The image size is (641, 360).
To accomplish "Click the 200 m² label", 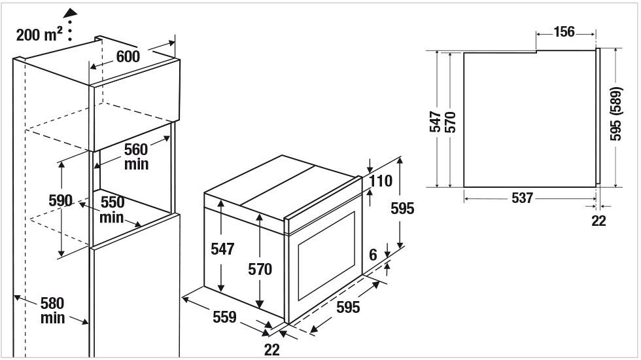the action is (39, 34).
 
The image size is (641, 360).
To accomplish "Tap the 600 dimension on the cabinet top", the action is (128, 56).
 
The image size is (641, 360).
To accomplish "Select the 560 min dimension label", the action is (136, 156).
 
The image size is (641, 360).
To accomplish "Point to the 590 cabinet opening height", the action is (60, 200).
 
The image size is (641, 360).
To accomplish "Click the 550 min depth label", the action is (112, 209).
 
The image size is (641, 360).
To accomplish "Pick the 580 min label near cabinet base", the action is (52, 310).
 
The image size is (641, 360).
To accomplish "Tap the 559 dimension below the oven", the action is (224, 317).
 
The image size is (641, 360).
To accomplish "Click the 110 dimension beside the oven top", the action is (381, 181).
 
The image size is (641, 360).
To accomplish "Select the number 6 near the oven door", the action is (373, 255).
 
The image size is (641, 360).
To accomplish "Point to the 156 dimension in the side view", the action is (564, 32).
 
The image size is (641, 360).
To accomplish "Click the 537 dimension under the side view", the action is (522, 198).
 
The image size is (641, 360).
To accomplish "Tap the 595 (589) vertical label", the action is (615, 114).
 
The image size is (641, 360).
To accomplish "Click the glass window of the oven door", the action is (326, 256).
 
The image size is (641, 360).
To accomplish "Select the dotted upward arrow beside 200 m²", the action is (70, 25).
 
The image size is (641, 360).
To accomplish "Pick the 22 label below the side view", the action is (598, 221).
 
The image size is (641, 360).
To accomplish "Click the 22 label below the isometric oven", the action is (272, 350).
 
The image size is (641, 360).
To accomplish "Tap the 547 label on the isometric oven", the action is (222, 249).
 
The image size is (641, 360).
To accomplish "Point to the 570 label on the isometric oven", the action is (260, 269).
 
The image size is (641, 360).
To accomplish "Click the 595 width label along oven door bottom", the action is (348, 307).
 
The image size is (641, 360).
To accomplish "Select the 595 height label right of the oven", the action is (402, 209).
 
